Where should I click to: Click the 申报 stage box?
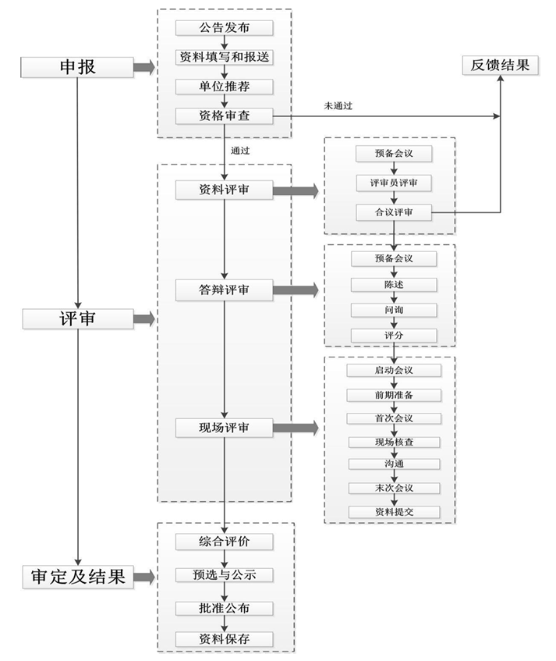click(77, 66)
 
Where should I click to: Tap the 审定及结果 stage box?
click(77, 577)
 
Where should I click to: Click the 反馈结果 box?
click(500, 65)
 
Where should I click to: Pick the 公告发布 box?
click(224, 27)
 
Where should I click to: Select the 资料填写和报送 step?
click(224, 57)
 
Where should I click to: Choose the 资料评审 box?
click(224, 190)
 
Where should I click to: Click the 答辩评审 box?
click(224, 290)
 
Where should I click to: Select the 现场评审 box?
click(224, 428)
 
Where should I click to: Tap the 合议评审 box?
click(393, 211)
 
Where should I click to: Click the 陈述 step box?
click(393, 284)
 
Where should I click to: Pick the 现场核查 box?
click(393, 442)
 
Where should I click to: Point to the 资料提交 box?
click(393, 512)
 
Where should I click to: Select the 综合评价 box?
click(224, 541)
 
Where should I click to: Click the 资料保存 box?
click(224, 638)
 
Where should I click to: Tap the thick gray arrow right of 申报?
click(143, 67)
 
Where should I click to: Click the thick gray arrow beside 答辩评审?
click(295, 290)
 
